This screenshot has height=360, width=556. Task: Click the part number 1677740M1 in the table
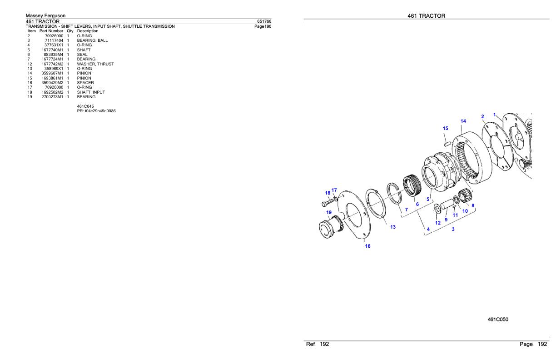click(x=52, y=50)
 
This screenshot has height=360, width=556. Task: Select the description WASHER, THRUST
click(x=95, y=64)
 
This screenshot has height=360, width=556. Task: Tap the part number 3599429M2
click(x=52, y=83)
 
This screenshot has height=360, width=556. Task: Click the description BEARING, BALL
click(x=92, y=40)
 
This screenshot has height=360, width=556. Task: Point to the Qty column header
click(x=70, y=31)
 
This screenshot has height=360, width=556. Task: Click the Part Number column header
click(x=51, y=31)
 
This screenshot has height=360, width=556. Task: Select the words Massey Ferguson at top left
click(x=46, y=15)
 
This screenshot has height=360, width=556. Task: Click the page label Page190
click(x=263, y=26)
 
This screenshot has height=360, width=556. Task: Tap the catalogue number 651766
click(x=264, y=21)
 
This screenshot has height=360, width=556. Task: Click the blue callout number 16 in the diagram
click(x=367, y=246)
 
